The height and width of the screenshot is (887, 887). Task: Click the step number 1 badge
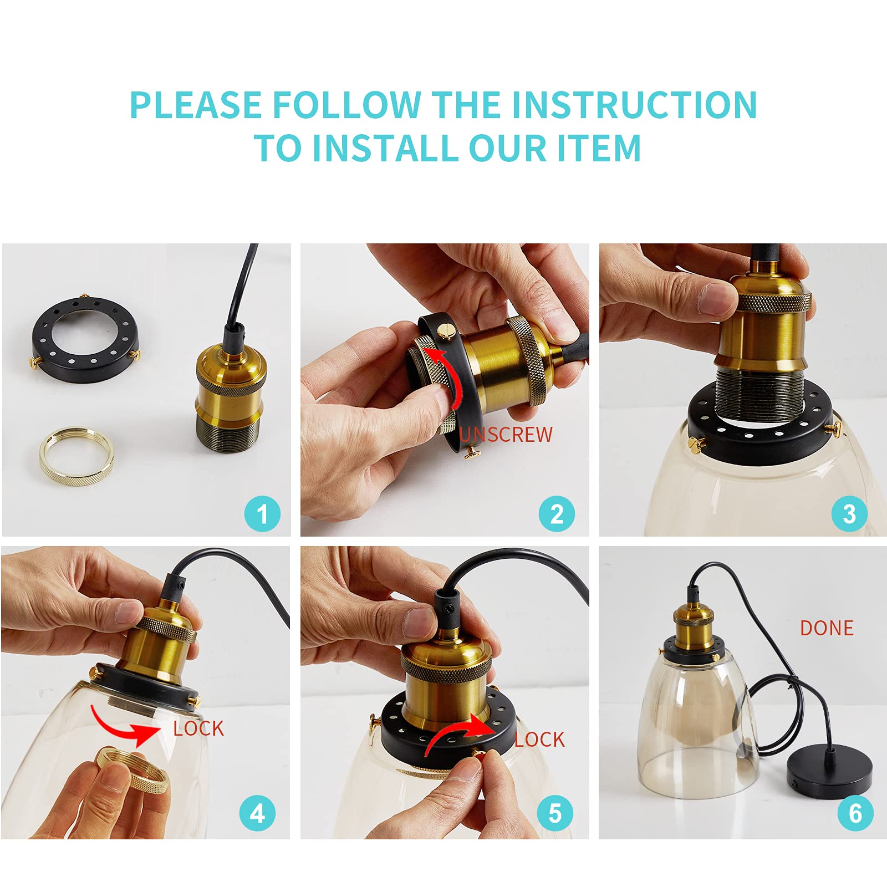coord(262,514)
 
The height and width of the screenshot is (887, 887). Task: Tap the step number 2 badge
coord(557,514)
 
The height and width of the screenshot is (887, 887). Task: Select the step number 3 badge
coord(849,514)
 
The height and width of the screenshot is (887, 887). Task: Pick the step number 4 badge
coord(257,813)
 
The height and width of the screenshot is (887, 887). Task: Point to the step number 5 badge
coord(555,813)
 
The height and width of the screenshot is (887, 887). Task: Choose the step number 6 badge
coord(855,813)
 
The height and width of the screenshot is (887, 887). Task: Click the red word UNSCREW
coord(506,435)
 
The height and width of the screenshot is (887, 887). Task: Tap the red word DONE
coord(827,628)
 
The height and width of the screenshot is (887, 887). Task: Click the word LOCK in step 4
coord(198,728)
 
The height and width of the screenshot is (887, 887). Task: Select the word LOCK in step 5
coord(539,740)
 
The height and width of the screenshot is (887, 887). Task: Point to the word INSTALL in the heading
coord(386,148)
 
